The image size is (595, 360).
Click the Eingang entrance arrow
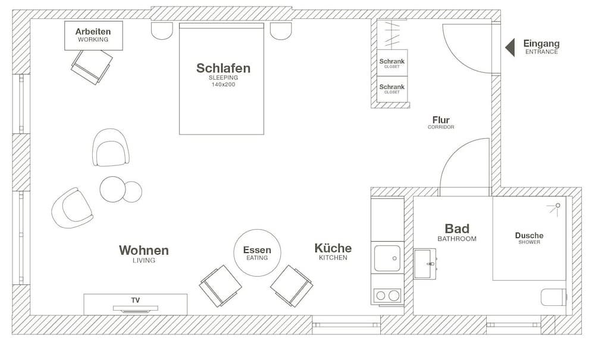pos(509,47)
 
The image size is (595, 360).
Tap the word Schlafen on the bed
pos(223,68)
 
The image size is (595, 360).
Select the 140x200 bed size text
pos(223,84)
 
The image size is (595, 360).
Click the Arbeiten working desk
pos(93,35)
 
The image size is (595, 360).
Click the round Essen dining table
pos(256,253)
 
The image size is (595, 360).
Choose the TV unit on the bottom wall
pos(135,304)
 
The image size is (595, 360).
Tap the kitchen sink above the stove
pos(387,259)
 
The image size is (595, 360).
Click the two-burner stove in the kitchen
pos(387,295)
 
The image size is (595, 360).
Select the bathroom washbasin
pos(425,264)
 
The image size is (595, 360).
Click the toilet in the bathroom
pos(553,297)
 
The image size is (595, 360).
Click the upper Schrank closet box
pos(392,62)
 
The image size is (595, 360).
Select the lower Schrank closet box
pos(392,89)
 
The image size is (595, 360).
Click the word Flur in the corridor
pos(441,120)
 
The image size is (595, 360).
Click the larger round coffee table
pos(112,189)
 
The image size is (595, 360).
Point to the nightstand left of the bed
pos(162,30)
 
